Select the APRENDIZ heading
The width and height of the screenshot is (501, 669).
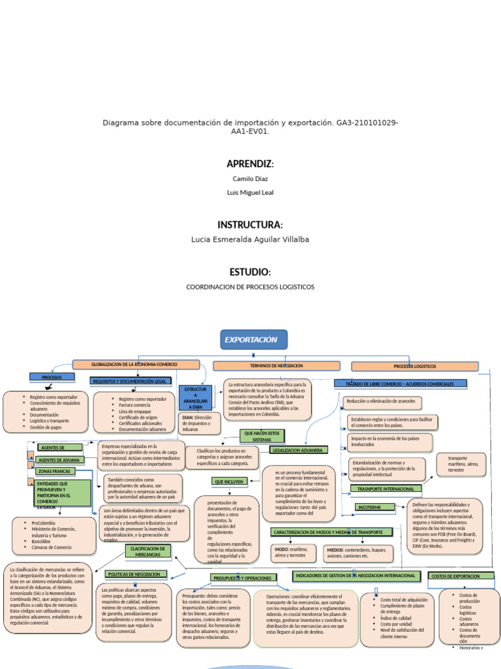pyautogui.click(x=250, y=163)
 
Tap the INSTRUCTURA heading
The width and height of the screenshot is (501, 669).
pyautogui.click(x=250, y=225)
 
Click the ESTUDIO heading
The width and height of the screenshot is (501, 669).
pyautogui.click(x=250, y=272)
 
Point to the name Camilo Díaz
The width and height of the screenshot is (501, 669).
pyautogui.click(x=250, y=178)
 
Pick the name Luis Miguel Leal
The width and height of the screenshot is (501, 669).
pyautogui.click(x=250, y=193)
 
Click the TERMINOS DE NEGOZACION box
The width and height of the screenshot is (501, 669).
pyautogui.click(x=277, y=366)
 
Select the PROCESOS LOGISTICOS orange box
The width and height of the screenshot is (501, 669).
pyautogui.click(x=415, y=367)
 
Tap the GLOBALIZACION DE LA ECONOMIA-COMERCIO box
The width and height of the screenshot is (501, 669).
pyautogui.click(x=136, y=364)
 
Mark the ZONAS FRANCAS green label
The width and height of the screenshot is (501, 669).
pyautogui.click(x=56, y=471)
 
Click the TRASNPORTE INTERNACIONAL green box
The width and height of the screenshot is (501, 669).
pyautogui.click(x=386, y=488)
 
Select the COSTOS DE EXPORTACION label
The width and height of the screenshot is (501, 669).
pyautogui.click(x=455, y=576)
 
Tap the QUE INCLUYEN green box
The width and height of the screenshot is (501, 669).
pyautogui.click(x=228, y=481)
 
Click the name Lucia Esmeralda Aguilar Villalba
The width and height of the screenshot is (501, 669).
pyautogui.click(x=250, y=240)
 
